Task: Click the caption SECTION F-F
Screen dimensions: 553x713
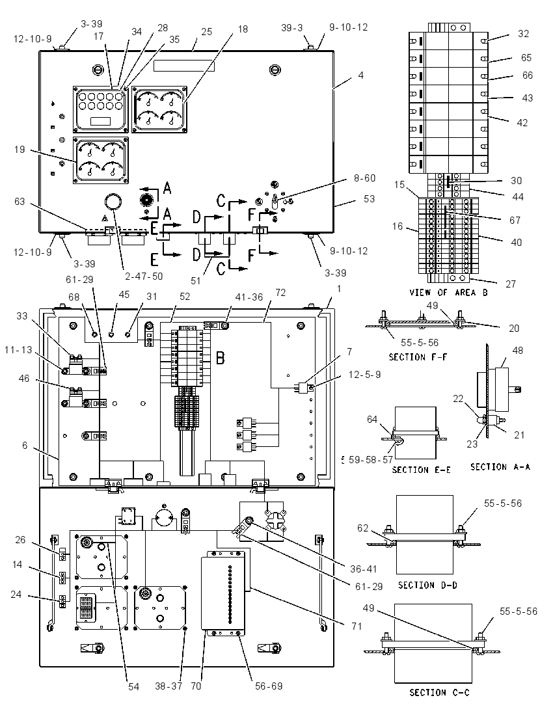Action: click(418, 357)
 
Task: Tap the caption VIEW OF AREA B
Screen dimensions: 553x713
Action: click(448, 292)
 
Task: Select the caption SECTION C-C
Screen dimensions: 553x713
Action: click(439, 693)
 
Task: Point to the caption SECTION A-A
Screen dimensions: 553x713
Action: click(500, 467)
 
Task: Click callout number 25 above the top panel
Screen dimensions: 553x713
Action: click(206, 31)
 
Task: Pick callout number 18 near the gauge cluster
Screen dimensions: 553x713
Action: click(243, 29)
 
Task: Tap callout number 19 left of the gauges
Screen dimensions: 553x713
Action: click(20, 149)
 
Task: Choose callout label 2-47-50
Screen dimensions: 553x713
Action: click(144, 276)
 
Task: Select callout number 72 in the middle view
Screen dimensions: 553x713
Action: click(280, 292)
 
